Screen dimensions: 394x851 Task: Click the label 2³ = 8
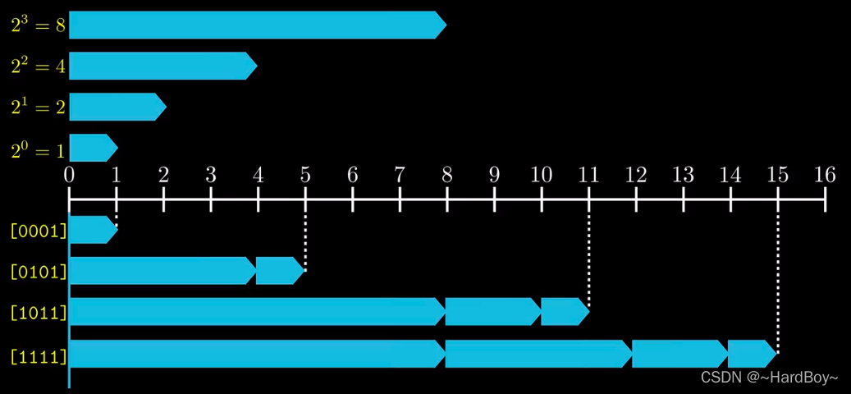point(38,25)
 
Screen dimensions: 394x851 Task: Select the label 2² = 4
point(38,66)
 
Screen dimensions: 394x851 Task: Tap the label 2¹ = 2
point(38,107)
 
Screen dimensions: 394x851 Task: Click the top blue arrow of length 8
point(256,25)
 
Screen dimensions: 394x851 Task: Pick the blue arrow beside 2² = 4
point(162,66)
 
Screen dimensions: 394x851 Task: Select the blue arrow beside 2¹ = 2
point(117,107)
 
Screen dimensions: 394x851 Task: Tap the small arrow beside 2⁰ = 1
point(92,148)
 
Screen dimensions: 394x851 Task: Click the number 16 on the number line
point(824,174)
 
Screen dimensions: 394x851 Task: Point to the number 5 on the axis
point(305,174)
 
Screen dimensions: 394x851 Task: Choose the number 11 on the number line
point(588,174)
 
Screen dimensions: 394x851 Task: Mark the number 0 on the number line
point(70,174)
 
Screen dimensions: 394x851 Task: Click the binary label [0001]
point(38,231)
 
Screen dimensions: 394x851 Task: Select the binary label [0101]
point(38,271)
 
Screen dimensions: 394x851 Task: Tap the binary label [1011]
point(38,313)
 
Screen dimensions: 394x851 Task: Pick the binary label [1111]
point(38,355)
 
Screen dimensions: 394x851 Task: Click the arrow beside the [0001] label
point(92,230)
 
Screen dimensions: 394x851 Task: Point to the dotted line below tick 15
point(778,279)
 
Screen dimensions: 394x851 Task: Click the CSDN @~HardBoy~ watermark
point(769,377)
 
